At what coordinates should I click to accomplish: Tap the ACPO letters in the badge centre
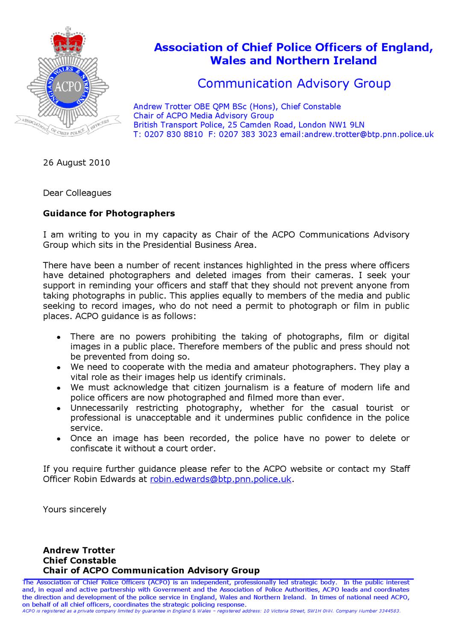pos(68,86)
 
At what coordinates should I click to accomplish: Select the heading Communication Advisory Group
pos(294,83)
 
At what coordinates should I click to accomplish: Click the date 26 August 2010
pos(76,163)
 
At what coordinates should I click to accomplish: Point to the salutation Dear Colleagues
pos(77,193)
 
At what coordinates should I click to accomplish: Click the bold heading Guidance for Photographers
pos(109,213)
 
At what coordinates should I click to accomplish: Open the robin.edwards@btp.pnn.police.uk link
pos(221,479)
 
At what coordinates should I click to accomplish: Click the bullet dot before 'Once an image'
pos(60,439)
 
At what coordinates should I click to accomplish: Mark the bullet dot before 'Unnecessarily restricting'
pos(60,409)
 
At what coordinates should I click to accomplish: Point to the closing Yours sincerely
pos(74,509)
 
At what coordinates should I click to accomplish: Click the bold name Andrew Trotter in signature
pos(79,550)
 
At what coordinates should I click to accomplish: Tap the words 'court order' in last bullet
pos(193,449)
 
